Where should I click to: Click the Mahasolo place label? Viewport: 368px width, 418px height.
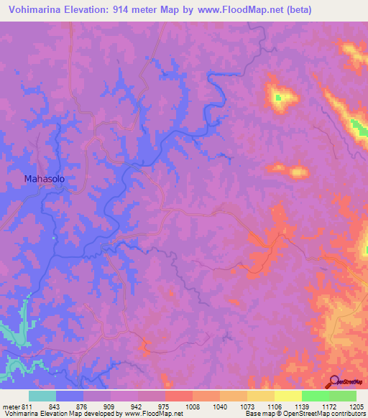[45, 179]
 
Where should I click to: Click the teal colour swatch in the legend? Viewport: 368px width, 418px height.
[42, 396]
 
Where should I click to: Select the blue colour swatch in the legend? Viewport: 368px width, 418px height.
[70, 396]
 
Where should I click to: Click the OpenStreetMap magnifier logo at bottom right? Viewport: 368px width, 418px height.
[332, 381]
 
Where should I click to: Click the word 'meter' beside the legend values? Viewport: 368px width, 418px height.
[11, 407]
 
